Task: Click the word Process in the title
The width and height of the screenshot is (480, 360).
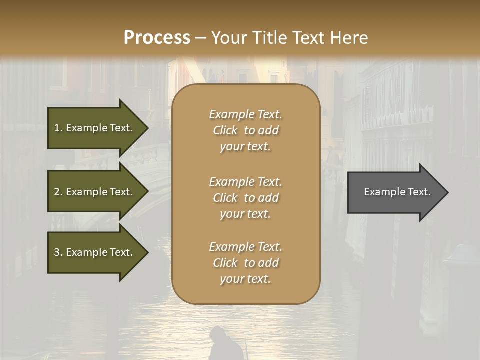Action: [157, 38]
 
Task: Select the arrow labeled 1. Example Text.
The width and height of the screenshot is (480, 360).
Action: [95, 128]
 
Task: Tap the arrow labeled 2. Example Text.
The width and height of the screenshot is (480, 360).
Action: [95, 192]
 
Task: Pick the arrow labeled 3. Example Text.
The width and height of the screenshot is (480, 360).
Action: [95, 252]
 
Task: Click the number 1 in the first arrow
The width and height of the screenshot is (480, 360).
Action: [57, 128]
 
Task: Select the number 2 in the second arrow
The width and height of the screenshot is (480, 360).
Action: [57, 192]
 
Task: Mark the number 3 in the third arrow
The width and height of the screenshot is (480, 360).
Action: [57, 252]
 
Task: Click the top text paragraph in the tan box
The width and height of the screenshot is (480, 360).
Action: [245, 130]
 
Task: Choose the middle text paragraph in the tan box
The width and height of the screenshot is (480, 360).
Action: [245, 198]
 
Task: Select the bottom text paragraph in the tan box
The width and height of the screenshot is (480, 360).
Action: [245, 263]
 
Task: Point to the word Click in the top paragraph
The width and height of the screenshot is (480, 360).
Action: [225, 130]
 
